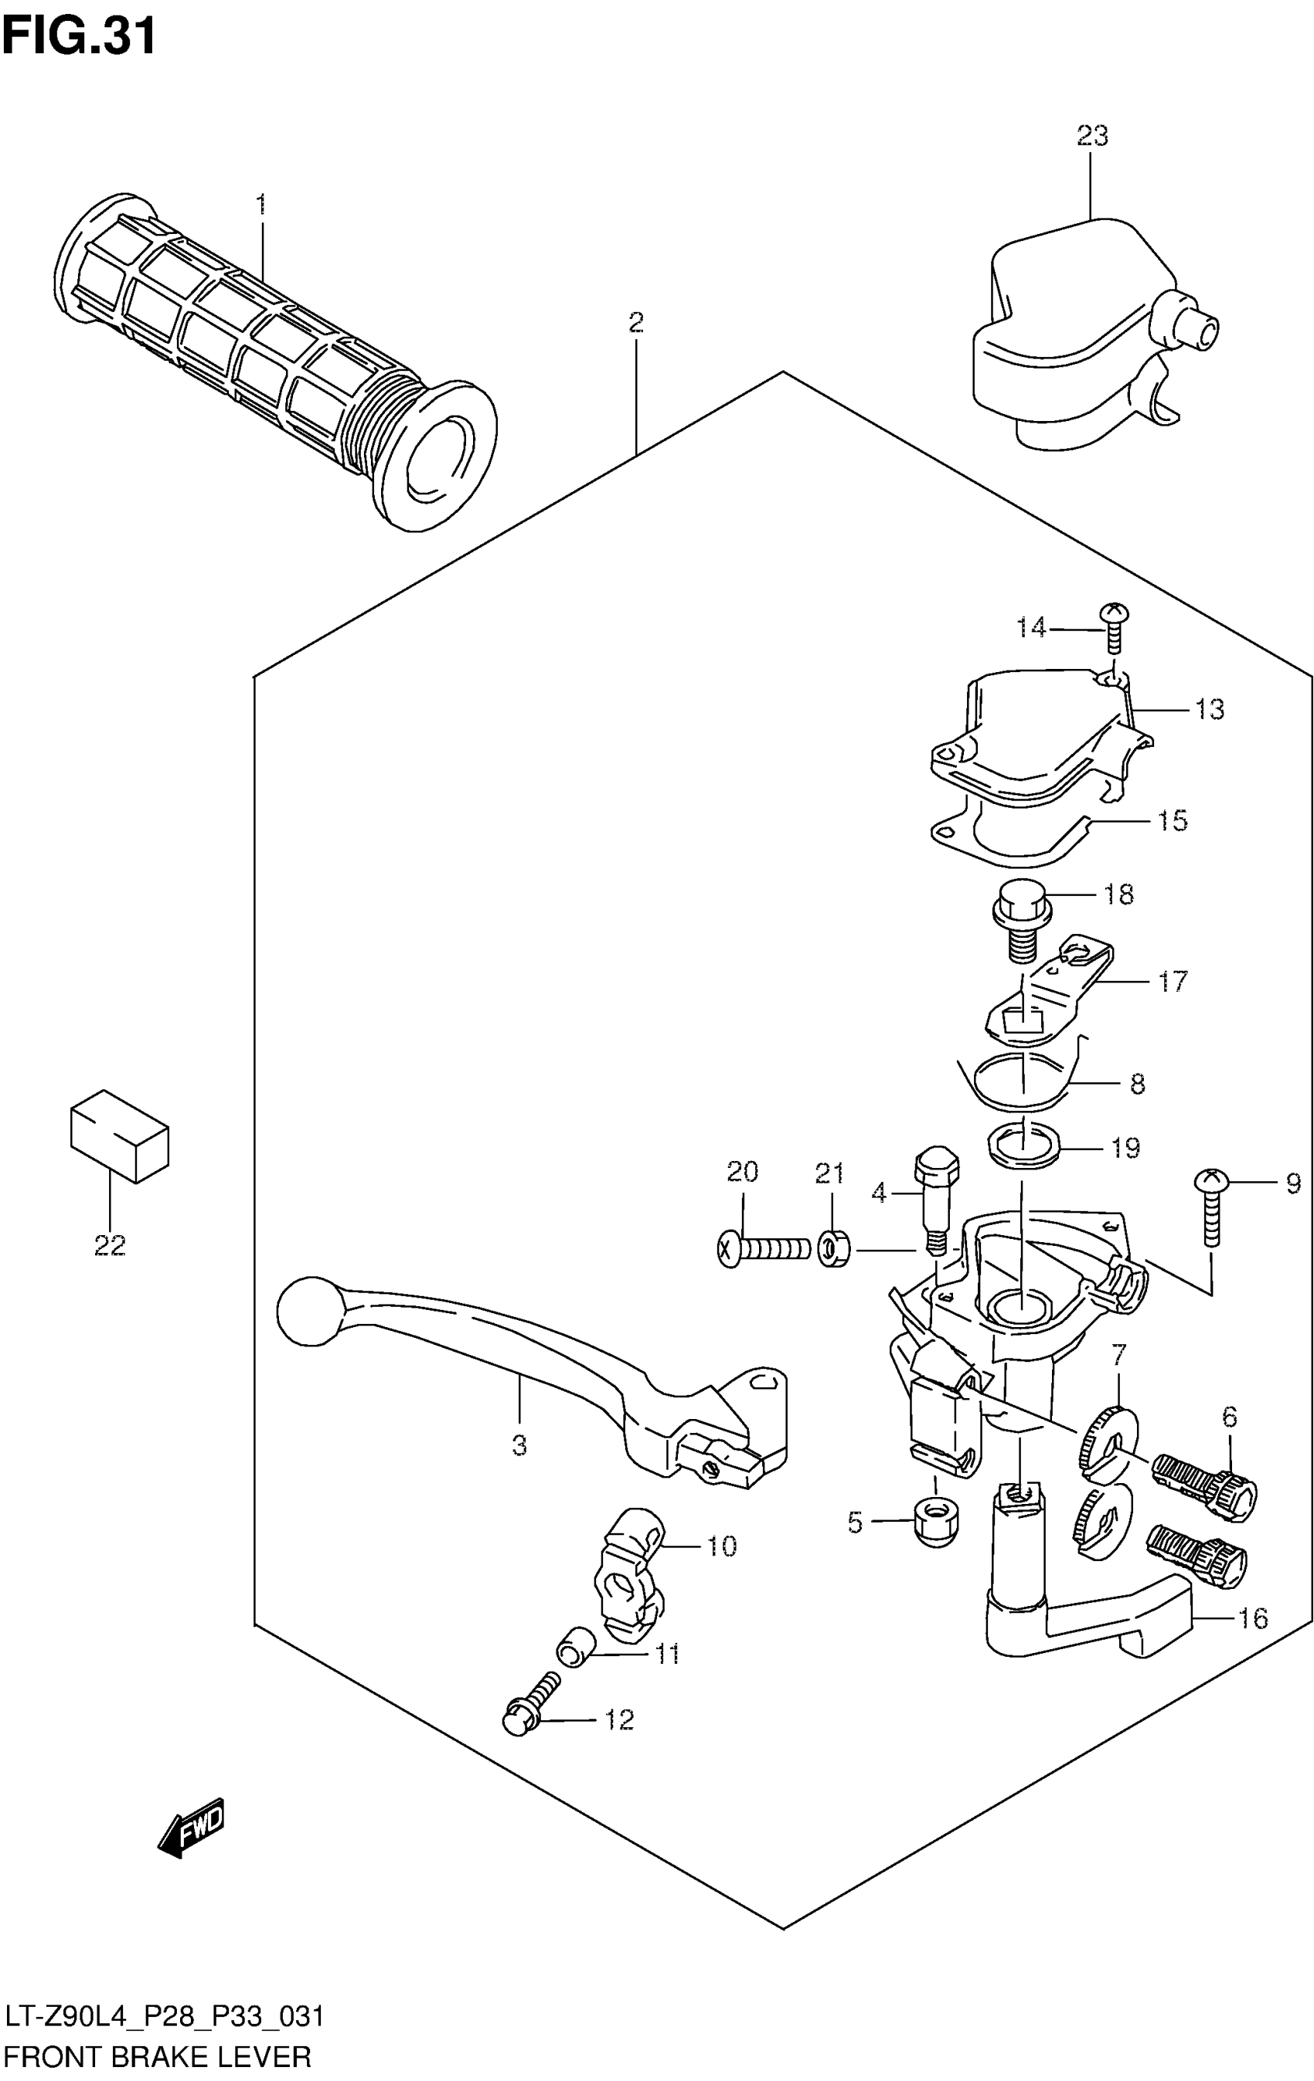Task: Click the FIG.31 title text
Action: [x=80, y=36]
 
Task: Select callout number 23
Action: [x=1092, y=136]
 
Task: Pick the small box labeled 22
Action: [x=119, y=1135]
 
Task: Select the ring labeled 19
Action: [x=1023, y=1146]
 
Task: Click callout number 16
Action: [x=1253, y=1618]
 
